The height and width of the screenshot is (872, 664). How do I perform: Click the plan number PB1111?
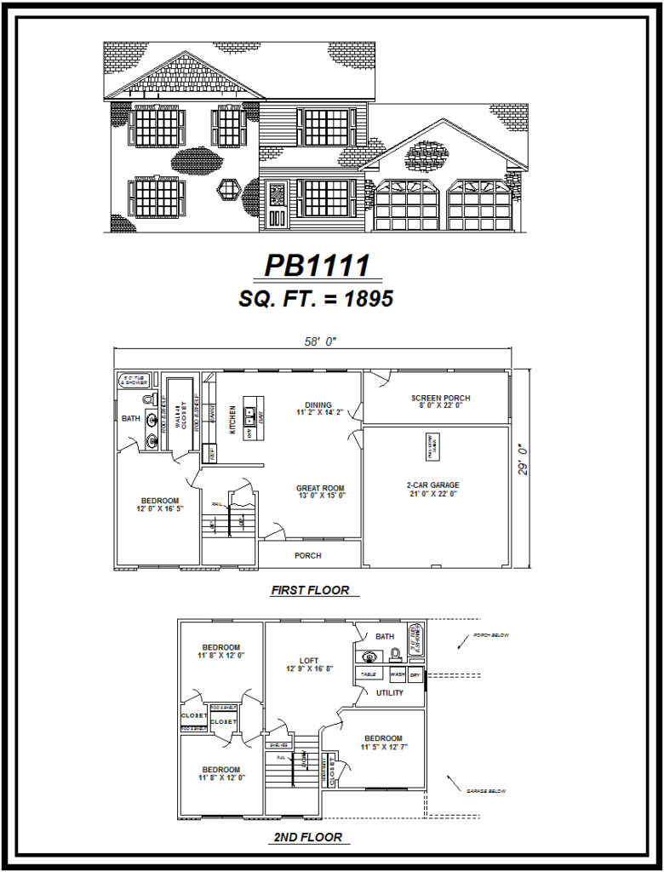pyautogui.click(x=317, y=266)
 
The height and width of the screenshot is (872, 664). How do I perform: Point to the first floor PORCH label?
pyautogui.click(x=308, y=556)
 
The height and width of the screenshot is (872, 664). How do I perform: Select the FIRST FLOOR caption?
pyautogui.click(x=310, y=590)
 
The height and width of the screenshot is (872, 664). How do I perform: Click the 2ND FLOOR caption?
pyautogui.click(x=308, y=837)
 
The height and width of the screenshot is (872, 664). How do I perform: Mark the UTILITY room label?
pyautogui.click(x=390, y=693)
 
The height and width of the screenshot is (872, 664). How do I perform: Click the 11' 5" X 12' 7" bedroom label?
pyautogui.click(x=383, y=743)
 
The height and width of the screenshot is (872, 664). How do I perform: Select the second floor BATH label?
pyautogui.click(x=385, y=636)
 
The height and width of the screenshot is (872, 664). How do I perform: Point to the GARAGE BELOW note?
pyautogui.click(x=486, y=791)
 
